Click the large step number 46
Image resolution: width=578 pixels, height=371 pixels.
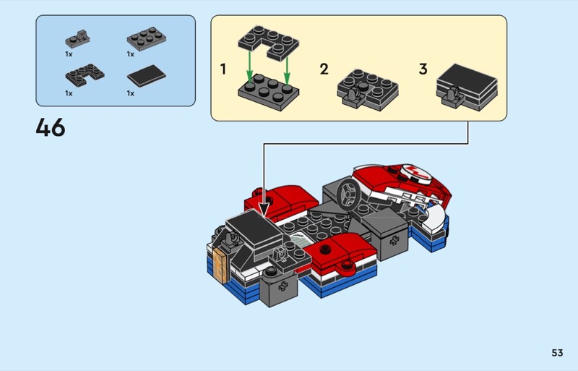51,127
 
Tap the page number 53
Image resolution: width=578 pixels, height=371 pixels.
557,353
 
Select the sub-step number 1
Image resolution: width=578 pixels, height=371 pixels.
223,69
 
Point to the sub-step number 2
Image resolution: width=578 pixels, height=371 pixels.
324,69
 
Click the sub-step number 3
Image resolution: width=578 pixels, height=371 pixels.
423,69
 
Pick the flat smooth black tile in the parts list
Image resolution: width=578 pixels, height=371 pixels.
147,76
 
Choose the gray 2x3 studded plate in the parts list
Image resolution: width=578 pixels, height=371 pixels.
147,38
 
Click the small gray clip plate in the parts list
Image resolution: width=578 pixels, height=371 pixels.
77,39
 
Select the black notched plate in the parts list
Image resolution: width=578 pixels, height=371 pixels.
85,75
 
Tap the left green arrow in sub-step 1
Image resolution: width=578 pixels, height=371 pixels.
250,67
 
